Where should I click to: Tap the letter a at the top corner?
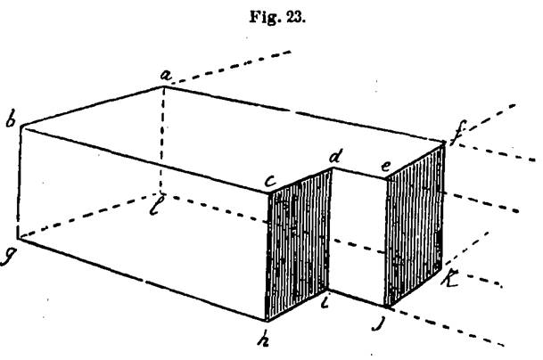(x=165, y=77)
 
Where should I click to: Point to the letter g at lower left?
(x=10, y=255)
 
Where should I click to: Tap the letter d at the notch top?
(x=335, y=158)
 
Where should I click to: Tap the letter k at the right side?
(x=451, y=280)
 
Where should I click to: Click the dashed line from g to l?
(x=89, y=216)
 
